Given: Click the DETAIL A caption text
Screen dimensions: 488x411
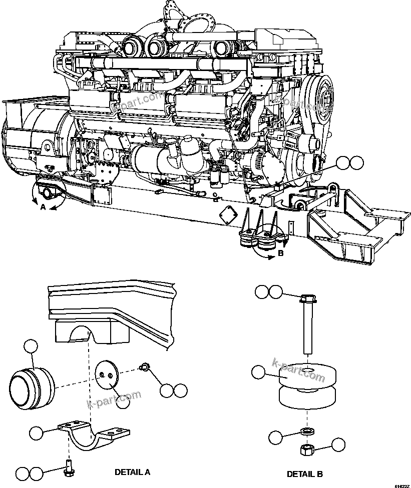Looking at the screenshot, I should [x=132, y=471].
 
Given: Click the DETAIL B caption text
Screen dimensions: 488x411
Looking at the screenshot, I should [x=304, y=474].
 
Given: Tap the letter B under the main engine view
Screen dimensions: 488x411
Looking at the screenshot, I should [x=280, y=253].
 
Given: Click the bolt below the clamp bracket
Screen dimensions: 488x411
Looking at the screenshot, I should [x=69, y=468].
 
